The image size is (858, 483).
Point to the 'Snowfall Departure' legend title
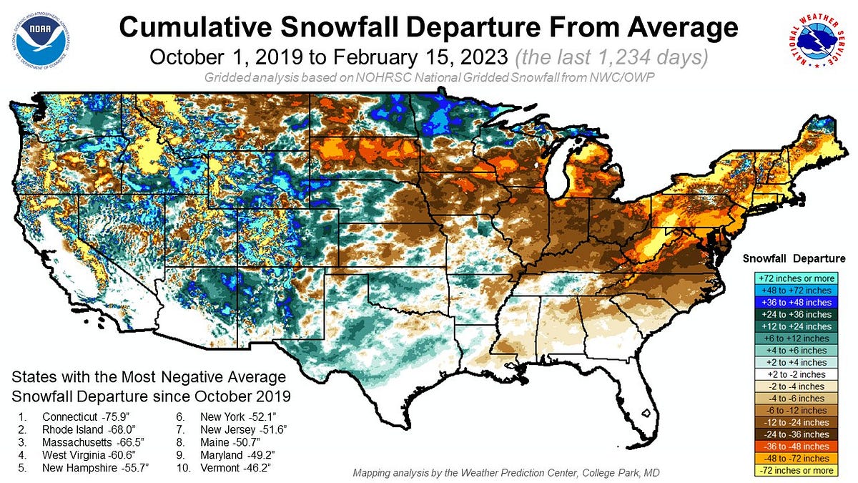pos(794,258)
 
